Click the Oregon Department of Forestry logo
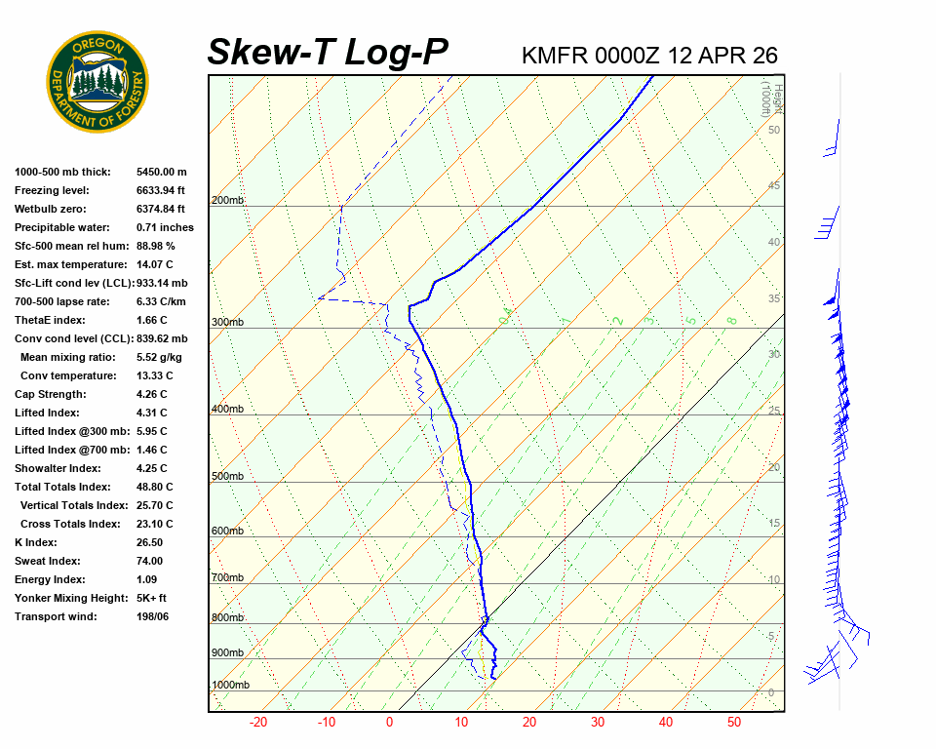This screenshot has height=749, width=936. (97, 82)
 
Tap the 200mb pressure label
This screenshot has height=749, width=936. (227, 201)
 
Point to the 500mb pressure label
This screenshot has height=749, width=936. (227, 476)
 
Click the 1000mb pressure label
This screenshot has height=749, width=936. (230, 686)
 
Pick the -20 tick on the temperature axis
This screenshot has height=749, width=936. (258, 723)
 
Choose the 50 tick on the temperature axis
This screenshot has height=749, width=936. (734, 723)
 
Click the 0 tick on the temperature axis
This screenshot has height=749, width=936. (389, 723)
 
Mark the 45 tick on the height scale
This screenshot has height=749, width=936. (774, 186)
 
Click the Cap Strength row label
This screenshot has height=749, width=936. (51, 394)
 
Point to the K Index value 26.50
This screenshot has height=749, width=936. (149, 542)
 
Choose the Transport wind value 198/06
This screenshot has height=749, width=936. (152, 616)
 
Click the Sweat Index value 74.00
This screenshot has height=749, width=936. (149, 561)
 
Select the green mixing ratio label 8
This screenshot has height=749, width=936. (731, 319)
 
